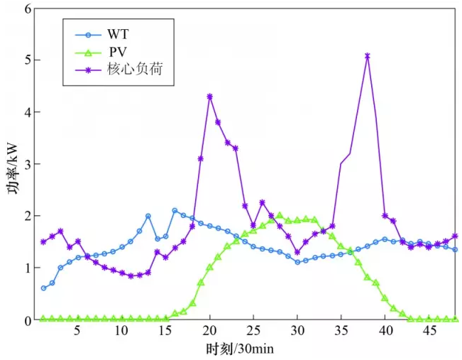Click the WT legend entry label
coord(119,33)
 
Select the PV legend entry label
coord(118,51)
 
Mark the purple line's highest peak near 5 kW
coord(368,55)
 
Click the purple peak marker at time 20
coord(209,97)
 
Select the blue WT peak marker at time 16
coord(175,210)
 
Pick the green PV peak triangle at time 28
coord(280,214)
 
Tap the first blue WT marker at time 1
coord(43,288)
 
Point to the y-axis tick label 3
coord(28,164)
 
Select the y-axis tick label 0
coord(28,320)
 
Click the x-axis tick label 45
coord(429,332)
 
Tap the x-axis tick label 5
coord(78,332)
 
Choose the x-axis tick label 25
coord(253,332)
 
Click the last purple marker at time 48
coord(455,236)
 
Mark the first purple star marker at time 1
coord(43,241)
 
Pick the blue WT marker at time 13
coord(148,216)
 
